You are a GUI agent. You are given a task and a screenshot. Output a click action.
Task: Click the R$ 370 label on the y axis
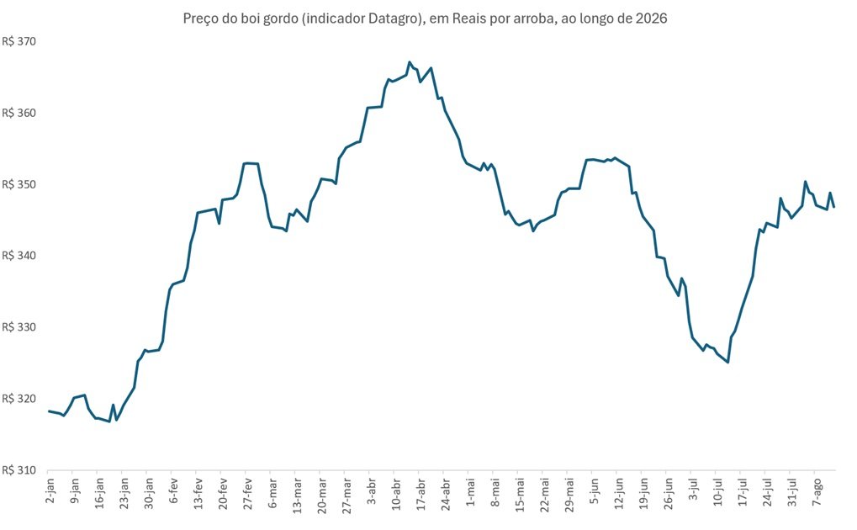click(x=19, y=41)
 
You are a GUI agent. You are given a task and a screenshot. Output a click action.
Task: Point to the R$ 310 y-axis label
click(x=19, y=470)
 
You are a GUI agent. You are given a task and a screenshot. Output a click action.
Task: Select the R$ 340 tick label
click(x=19, y=256)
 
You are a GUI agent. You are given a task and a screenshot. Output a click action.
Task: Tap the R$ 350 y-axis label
click(x=19, y=184)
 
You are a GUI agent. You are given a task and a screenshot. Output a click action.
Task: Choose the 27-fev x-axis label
click(x=247, y=494)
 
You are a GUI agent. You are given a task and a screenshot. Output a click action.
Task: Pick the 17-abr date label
click(x=421, y=494)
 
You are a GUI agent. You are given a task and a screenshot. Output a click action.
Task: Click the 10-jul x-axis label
click(x=717, y=493)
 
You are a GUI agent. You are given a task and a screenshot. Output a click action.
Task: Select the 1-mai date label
click(x=470, y=491)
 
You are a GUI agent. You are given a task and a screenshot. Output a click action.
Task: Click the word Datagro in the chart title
click(x=392, y=19)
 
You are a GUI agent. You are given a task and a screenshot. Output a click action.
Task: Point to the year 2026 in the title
click(x=652, y=18)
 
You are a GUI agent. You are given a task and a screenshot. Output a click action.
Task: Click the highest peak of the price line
click(x=410, y=61)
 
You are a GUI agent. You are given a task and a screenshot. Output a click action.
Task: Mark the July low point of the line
click(x=727, y=362)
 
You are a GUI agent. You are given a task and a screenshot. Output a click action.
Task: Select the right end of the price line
click(x=834, y=207)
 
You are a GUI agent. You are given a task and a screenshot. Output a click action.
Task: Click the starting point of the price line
click(x=49, y=411)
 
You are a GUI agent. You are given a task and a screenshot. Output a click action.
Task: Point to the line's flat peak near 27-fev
click(x=251, y=163)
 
